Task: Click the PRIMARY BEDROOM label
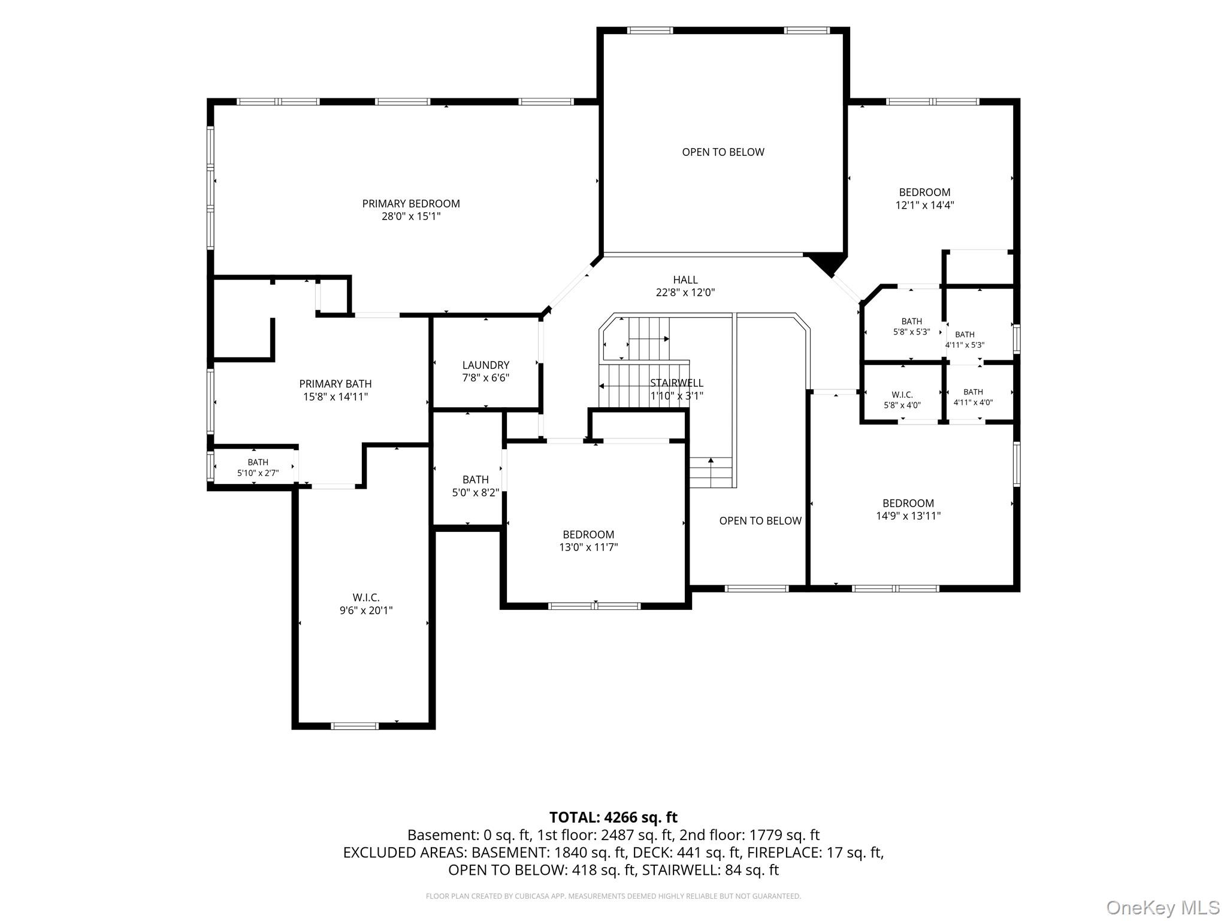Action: click(411, 204)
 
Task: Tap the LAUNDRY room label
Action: click(486, 365)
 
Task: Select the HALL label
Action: click(685, 280)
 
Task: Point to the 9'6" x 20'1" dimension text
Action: click(366, 610)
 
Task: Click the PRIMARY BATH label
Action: click(336, 384)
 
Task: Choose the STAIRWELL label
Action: click(677, 383)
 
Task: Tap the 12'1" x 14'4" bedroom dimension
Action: click(924, 205)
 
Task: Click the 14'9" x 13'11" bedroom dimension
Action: click(908, 516)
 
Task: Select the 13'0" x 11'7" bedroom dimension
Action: click(588, 547)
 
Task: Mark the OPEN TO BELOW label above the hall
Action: click(723, 152)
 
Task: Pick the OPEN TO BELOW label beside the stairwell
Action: click(760, 521)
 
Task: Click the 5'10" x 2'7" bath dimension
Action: click(258, 473)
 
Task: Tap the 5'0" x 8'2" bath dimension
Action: click(476, 493)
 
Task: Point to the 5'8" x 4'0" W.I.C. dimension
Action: click(902, 405)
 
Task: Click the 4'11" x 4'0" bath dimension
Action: click(973, 403)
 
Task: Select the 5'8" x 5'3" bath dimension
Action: click(911, 332)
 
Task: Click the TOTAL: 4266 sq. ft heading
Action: click(613, 817)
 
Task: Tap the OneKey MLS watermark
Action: click(1163, 908)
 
